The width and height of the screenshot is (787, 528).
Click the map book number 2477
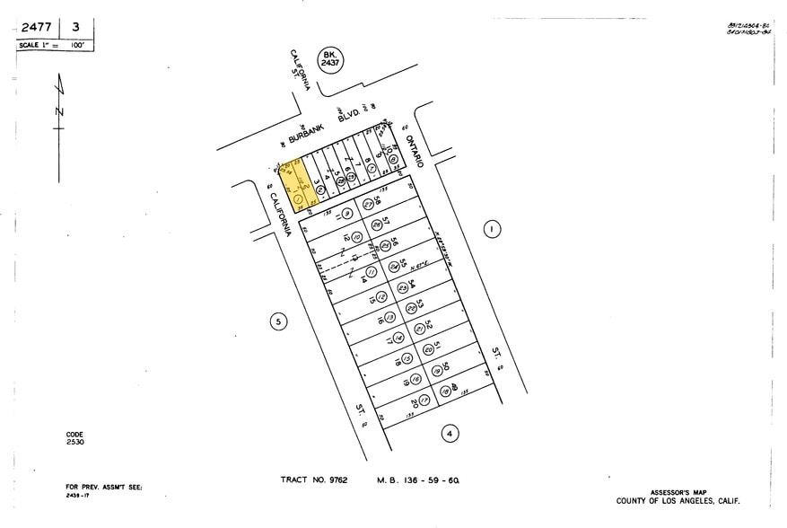point(36,27)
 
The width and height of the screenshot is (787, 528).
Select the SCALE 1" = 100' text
point(54,45)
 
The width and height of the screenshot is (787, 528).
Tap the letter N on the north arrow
point(59,111)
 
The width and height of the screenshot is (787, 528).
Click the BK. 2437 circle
point(331,62)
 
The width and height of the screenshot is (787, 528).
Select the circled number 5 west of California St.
point(279,321)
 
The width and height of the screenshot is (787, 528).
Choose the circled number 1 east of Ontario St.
point(491,230)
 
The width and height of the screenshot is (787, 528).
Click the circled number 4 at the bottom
point(450,434)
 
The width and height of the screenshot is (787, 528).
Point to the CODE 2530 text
point(75,439)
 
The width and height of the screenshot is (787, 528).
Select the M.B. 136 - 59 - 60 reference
point(418,480)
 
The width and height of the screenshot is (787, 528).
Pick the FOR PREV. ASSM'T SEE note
point(104,487)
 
